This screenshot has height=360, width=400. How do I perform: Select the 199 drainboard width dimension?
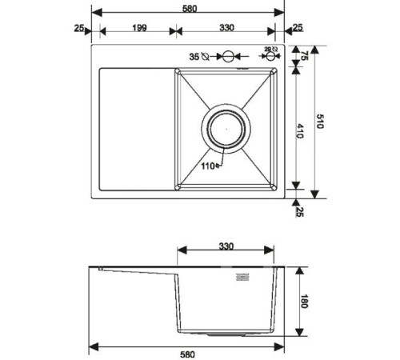click(x=140, y=28)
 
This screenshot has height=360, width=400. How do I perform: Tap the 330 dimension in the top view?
click(x=226, y=28)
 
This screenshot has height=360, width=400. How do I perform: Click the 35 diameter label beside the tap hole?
click(x=195, y=57)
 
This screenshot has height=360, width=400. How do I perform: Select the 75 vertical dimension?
click(x=304, y=56)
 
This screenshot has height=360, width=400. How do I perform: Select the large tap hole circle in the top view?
click(x=227, y=57)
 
